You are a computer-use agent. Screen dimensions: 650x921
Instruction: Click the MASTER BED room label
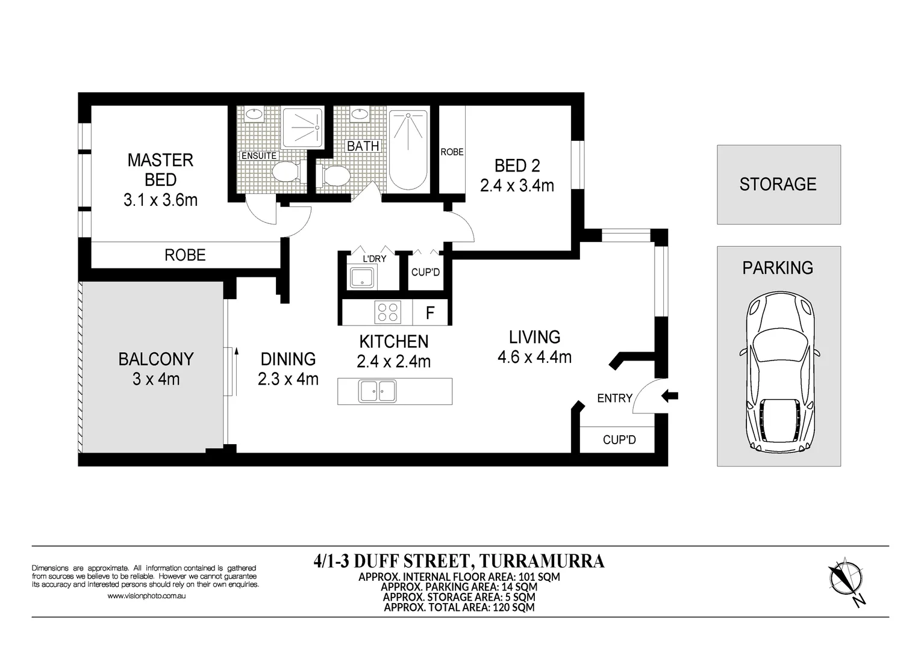[x=160, y=170]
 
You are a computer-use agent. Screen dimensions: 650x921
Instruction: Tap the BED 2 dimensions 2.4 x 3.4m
[x=517, y=186]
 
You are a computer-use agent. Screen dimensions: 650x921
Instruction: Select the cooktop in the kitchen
[x=387, y=312]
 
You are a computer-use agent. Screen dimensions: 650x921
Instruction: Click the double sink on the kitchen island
[x=378, y=391]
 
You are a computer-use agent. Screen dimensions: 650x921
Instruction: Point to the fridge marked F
[x=430, y=313]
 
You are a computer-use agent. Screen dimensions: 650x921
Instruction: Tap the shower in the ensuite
[x=303, y=128]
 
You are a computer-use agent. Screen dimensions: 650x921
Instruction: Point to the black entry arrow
[x=670, y=395]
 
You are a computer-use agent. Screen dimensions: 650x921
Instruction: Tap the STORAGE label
[x=778, y=184]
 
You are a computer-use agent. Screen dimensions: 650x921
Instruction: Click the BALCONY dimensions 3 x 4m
[x=156, y=379]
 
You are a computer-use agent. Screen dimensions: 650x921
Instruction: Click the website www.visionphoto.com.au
[x=146, y=596]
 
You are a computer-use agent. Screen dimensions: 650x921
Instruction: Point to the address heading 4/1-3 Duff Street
[x=459, y=561]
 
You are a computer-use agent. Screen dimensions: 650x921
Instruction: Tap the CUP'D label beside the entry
[x=619, y=440]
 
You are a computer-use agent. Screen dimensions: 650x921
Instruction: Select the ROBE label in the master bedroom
[x=185, y=255]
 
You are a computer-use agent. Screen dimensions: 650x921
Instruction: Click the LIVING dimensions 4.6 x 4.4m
[x=534, y=357]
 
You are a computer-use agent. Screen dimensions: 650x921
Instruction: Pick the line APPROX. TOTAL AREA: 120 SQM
[x=459, y=607]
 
